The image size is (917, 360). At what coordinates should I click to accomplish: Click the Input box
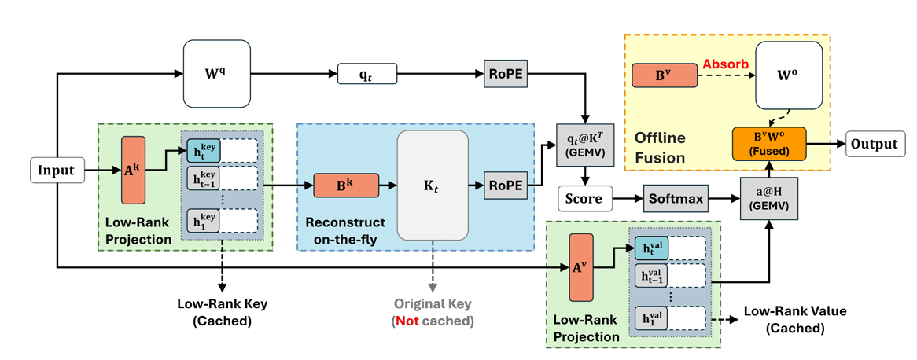coord(57,170)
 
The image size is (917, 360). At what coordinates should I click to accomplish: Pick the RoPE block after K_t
coord(503,185)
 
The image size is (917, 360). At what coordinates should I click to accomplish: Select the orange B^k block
coord(346,186)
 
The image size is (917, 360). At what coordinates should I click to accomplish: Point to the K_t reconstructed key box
coord(433,185)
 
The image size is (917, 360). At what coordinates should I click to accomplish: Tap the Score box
coord(584,199)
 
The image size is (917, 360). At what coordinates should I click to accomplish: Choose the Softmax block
coord(674,199)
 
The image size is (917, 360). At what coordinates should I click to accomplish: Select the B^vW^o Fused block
coord(768,145)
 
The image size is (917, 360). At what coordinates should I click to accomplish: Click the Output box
coord(875,145)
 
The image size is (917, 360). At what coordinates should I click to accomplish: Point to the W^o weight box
coord(789,75)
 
